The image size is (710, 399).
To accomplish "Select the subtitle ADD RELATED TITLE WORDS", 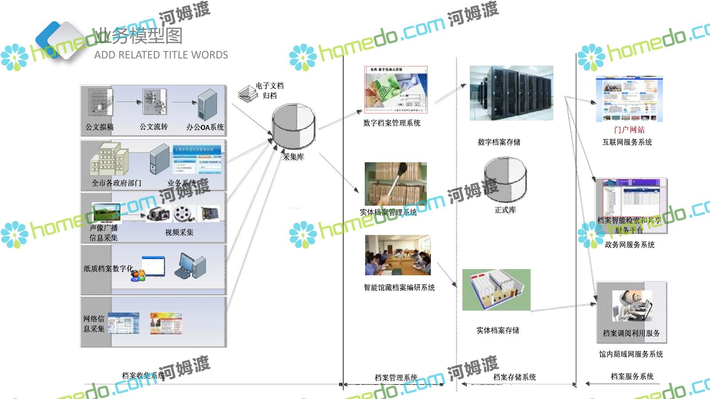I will [x=161, y=55].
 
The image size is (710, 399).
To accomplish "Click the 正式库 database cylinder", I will [x=505, y=180].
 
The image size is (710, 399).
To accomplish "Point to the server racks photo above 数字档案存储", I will [x=511, y=93].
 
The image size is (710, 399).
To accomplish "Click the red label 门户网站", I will [x=629, y=130].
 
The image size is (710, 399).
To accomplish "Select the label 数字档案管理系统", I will [x=392, y=123].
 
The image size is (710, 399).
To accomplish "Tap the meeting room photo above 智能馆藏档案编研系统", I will [x=398, y=255].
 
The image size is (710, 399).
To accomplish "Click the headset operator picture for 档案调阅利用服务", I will [x=632, y=306].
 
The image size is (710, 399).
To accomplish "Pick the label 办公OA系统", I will [x=205, y=127].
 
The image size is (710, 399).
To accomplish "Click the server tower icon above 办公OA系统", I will [x=207, y=105].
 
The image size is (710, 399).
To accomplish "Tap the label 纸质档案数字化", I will [x=108, y=269].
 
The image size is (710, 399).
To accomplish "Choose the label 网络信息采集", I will [x=94, y=324].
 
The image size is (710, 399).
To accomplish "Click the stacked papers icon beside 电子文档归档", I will [x=246, y=94].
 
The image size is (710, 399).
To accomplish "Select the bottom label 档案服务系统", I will [x=632, y=377].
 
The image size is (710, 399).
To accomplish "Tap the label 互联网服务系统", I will [x=627, y=142].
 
